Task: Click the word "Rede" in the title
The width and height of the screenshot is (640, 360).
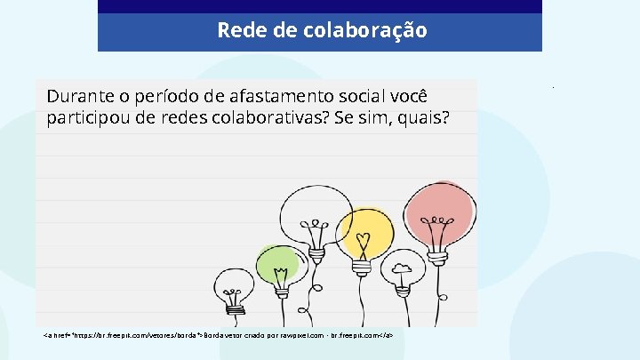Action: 236,30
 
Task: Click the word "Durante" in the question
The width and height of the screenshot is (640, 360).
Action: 80,96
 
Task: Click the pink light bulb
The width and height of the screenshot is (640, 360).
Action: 437,210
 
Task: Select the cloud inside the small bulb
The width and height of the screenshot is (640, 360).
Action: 402,267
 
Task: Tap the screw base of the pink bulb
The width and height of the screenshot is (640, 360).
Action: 436,253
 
